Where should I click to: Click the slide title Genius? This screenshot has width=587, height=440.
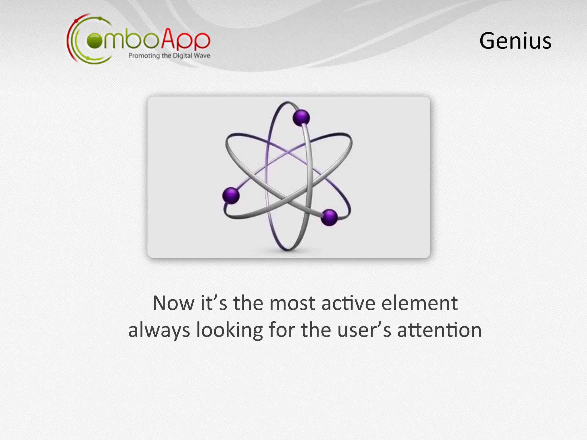click(x=515, y=41)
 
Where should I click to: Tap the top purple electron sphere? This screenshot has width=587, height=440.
click(x=301, y=118)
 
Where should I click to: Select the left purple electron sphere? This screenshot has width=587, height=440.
click(x=231, y=196)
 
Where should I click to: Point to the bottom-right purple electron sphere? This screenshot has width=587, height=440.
click(x=329, y=217)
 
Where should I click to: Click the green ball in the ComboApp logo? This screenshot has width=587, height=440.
click(x=95, y=41)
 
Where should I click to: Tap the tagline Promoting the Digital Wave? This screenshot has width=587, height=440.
click(x=169, y=56)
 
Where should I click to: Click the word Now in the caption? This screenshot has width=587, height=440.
click(x=173, y=303)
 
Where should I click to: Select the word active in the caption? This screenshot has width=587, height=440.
click(x=348, y=303)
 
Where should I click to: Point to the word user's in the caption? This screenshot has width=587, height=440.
click(x=364, y=330)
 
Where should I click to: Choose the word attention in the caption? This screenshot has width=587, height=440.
click(x=439, y=330)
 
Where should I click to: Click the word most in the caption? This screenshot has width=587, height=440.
click(x=292, y=303)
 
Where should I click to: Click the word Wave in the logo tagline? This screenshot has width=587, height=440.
click(x=202, y=56)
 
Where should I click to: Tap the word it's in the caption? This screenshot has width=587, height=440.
click(x=214, y=303)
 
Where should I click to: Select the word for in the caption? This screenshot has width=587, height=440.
click(x=281, y=330)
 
